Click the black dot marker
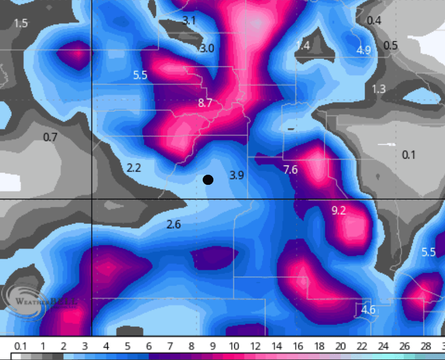coord(208,180)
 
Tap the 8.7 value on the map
coord(205,103)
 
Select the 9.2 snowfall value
coord(339,211)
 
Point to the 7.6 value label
coord(290,170)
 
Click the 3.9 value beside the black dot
coord(236,175)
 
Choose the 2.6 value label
coord(173,224)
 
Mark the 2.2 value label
coord(133,168)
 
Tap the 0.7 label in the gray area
coord(50,137)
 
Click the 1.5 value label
coord(20,23)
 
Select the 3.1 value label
coord(189,21)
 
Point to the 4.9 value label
coord(364,50)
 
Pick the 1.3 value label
coord(379,88)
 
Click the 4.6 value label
coord(368,310)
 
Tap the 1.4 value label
coord(303,46)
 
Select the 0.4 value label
coord(374,20)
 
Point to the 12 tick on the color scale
coord(255,346)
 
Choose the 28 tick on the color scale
coord(426,346)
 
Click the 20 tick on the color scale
coord(340,346)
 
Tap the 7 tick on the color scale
coord(170,346)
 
